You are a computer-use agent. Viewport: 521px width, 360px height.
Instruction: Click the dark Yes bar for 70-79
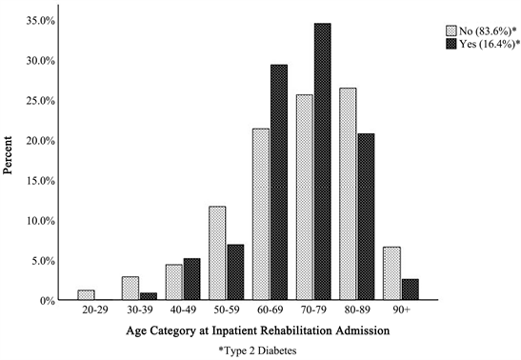(322, 162)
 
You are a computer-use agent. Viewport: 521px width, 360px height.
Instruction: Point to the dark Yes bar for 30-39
(149, 296)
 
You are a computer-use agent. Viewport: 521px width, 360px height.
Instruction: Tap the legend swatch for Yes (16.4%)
(451, 44)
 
